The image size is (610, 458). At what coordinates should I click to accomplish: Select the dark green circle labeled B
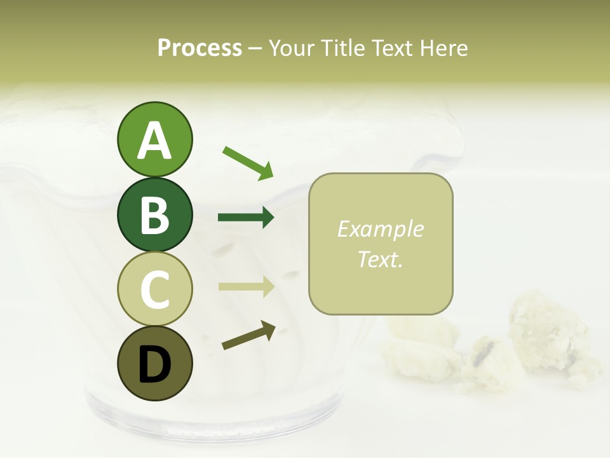coord(154,214)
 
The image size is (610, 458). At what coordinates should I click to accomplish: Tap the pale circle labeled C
coord(154,289)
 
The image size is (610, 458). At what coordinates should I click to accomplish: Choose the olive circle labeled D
coord(154,364)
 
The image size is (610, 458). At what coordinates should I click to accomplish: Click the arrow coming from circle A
coord(248,162)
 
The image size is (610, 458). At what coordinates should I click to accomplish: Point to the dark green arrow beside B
coord(246,218)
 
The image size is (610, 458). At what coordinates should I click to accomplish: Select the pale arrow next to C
coord(246,287)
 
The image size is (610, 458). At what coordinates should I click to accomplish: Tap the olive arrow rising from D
coord(249,335)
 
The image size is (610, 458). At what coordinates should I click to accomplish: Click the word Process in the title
coord(200,48)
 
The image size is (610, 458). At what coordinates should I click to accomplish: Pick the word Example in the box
coord(380,229)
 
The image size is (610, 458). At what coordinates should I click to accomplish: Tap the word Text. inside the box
coord(380,259)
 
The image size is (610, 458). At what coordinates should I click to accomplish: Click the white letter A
coord(154,141)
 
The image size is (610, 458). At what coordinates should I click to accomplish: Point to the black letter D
coord(154,365)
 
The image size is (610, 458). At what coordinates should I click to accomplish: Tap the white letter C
coord(154,290)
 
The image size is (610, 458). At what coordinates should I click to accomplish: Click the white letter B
coord(154,215)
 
